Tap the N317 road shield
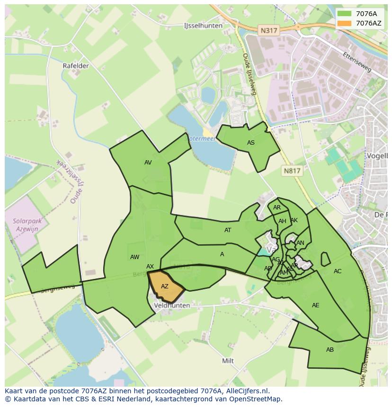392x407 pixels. [269, 30]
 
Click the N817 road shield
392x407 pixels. [292, 171]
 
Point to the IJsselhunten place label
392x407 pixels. [203, 26]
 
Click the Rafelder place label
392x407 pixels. [76, 66]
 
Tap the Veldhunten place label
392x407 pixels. [172, 305]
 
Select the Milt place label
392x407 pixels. [228, 361]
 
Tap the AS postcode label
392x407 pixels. [251, 143]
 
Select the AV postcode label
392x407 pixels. [148, 163]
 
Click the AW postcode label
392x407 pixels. [135, 257]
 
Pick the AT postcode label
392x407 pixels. [228, 230]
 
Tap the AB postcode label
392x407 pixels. [330, 350]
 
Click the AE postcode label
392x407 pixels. [316, 305]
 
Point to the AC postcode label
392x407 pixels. [338, 271]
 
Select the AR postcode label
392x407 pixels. [277, 208]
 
